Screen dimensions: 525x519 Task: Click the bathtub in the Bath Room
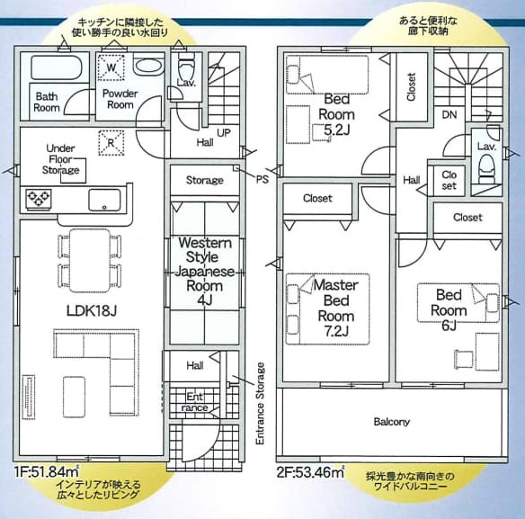[x=57, y=67]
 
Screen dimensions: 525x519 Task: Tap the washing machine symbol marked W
[x=111, y=67]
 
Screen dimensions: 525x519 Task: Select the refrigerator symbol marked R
[x=111, y=143]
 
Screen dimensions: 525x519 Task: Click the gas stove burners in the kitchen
[x=39, y=198]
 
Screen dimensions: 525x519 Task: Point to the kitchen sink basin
[x=104, y=200]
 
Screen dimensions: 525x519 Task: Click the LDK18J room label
[x=92, y=311]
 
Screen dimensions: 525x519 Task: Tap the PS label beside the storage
[x=262, y=179]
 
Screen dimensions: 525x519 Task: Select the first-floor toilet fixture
[x=186, y=68]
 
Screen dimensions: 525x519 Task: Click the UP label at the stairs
[x=224, y=133]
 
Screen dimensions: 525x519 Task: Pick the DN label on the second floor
[x=449, y=115]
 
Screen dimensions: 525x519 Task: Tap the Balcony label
[x=391, y=422]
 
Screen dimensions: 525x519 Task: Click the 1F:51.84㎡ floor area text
[x=47, y=471]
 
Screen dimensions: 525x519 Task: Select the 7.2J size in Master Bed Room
[x=336, y=331]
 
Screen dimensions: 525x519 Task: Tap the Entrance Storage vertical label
[x=260, y=404]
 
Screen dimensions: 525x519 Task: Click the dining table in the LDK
[x=90, y=260]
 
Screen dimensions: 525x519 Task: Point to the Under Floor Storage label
[x=61, y=159]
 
